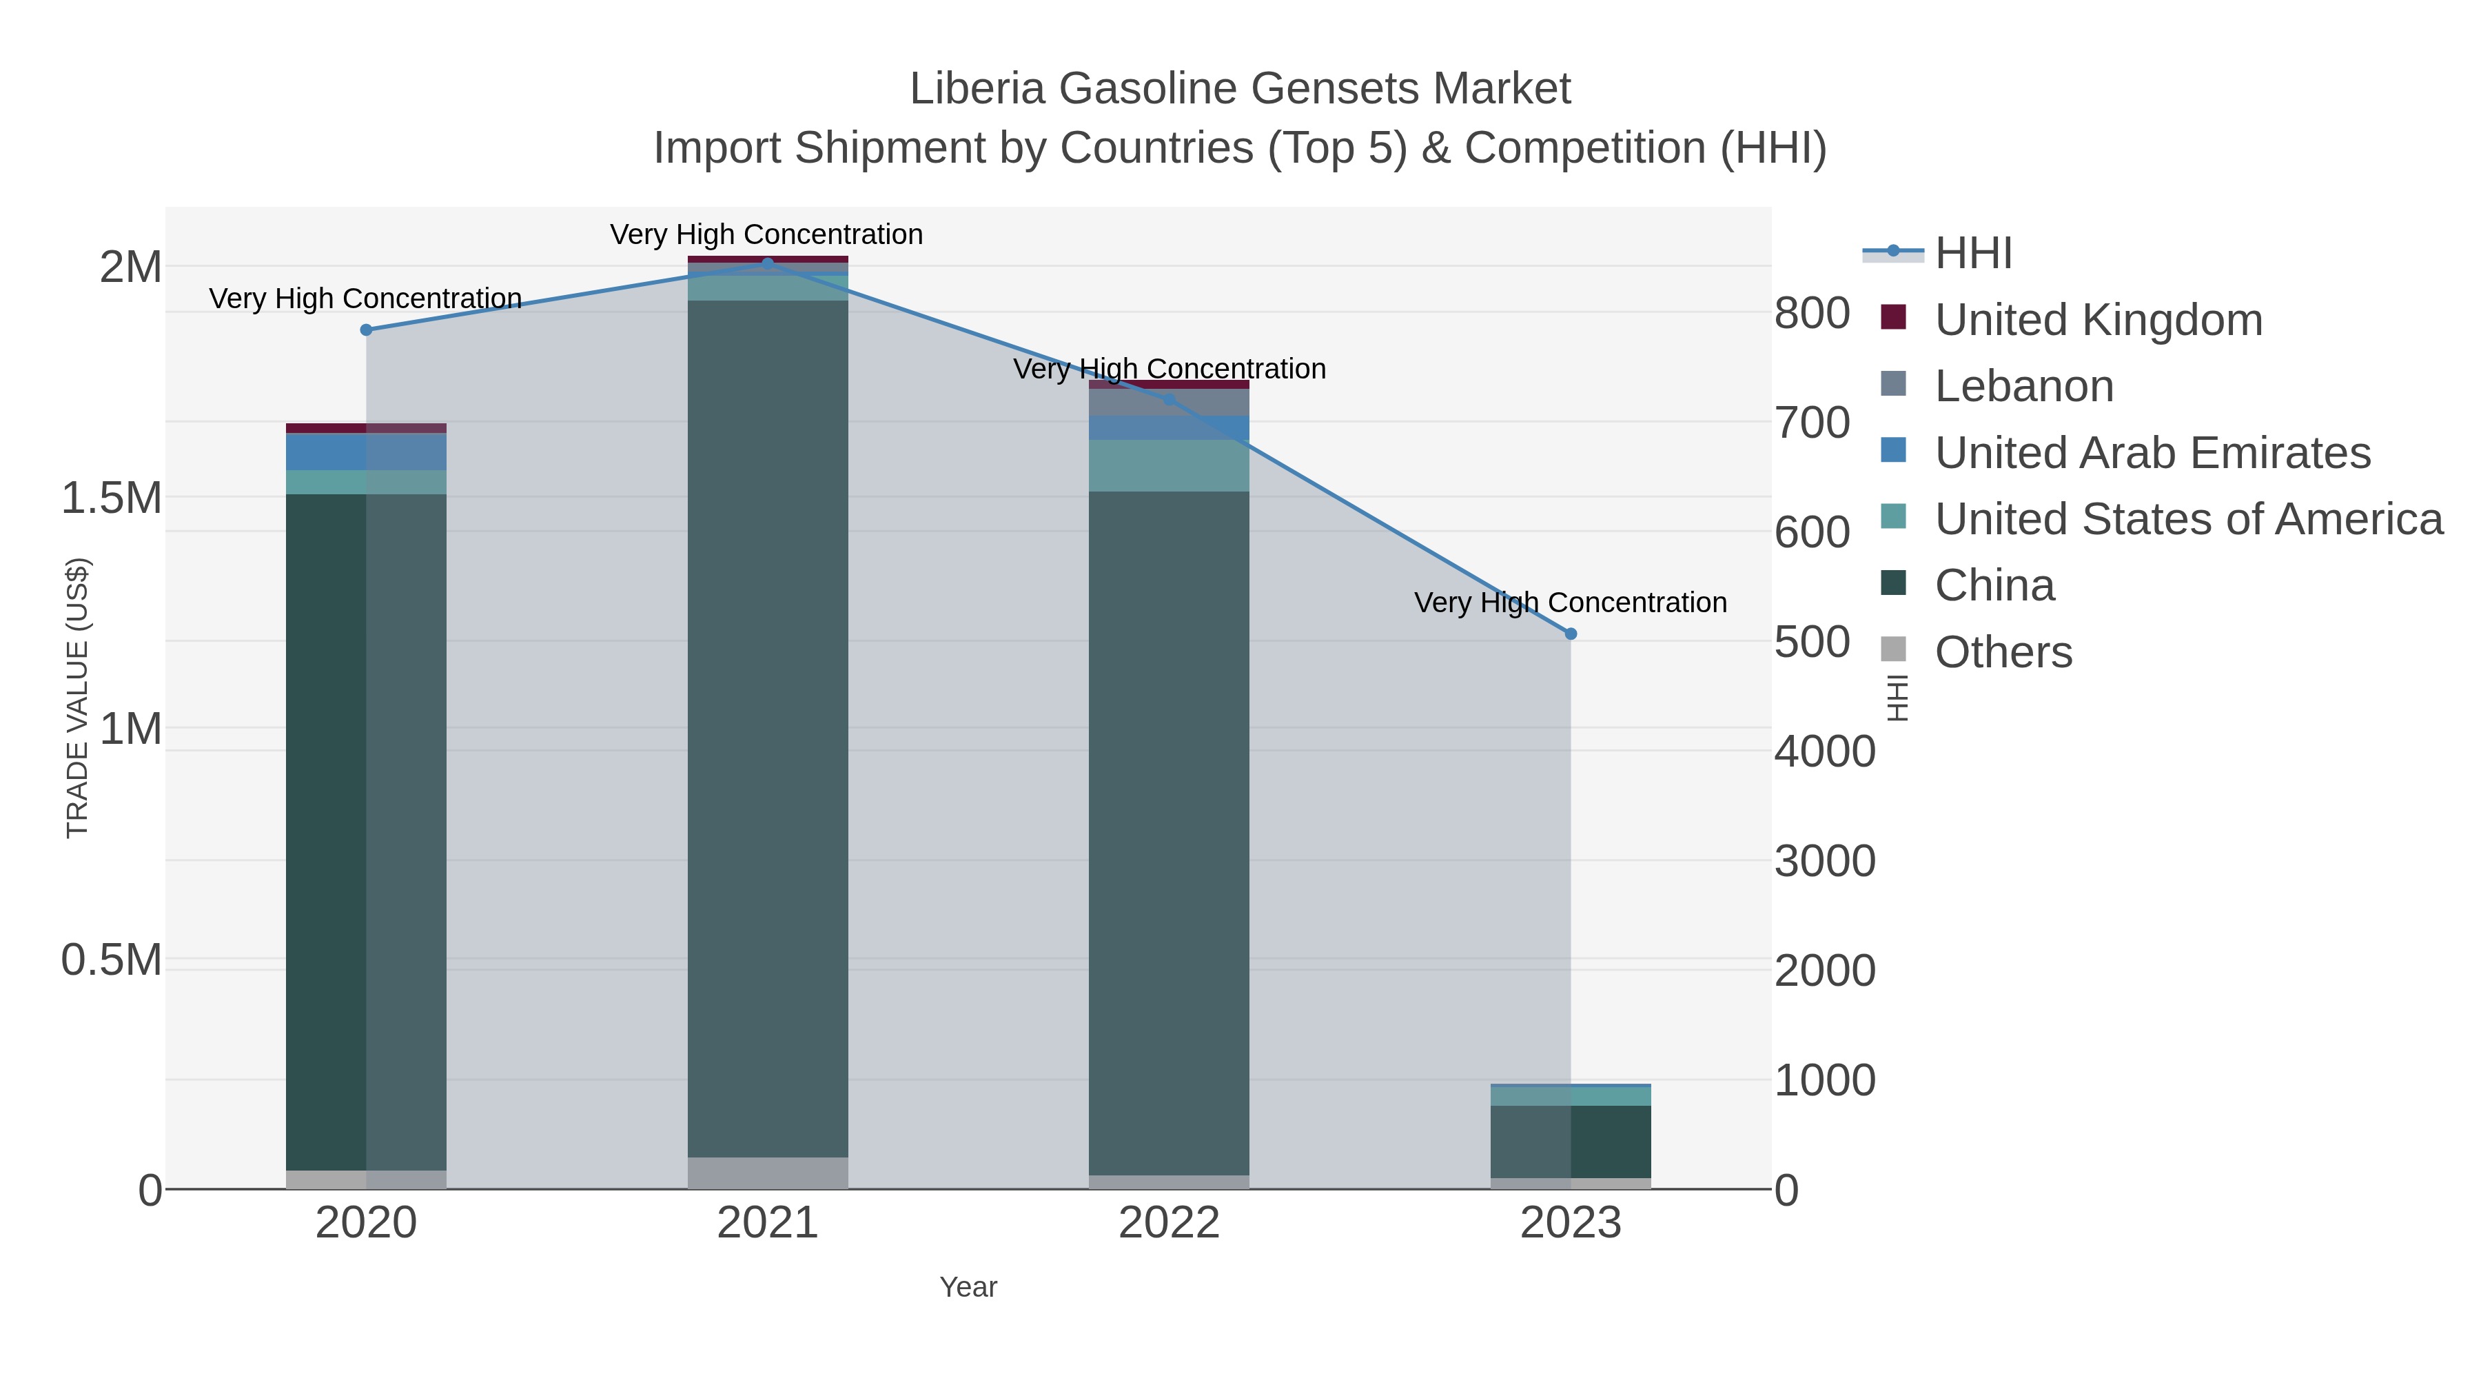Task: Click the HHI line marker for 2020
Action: [x=366, y=330]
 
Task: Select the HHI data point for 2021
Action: [x=768, y=263]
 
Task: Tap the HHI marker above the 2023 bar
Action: [x=1571, y=634]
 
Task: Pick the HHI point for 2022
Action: [x=1170, y=400]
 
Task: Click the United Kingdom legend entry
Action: [x=2098, y=320]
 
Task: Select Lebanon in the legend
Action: [x=2023, y=386]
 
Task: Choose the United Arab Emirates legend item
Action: [x=2152, y=453]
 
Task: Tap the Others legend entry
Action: [x=2002, y=652]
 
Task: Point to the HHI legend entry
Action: [x=1972, y=254]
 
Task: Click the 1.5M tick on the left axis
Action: [x=112, y=498]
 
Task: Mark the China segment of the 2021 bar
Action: [x=768, y=722]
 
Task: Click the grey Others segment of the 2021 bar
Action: [x=768, y=1173]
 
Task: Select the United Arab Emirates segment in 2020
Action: [x=366, y=452]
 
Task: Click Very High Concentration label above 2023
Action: [x=1570, y=603]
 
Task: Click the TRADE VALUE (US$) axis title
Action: [x=77, y=698]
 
